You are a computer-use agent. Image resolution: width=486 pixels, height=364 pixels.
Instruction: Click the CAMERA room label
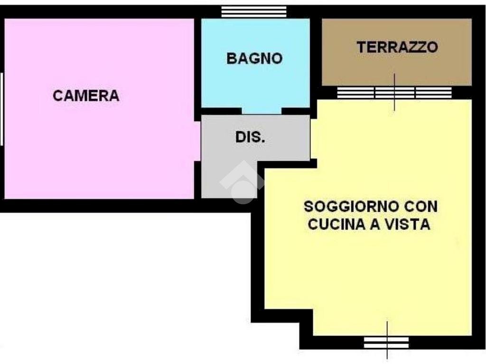[86, 96]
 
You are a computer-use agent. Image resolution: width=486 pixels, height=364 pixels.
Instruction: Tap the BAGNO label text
[254, 58]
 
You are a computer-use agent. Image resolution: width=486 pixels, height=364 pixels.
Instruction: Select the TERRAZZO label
[397, 47]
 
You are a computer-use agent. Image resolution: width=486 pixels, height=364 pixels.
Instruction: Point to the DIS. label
[250, 137]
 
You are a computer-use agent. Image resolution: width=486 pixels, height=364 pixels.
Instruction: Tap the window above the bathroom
[254, 12]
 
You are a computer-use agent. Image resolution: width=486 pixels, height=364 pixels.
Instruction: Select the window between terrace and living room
[394, 93]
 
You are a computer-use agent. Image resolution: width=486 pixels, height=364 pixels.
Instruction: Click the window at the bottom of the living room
[386, 342]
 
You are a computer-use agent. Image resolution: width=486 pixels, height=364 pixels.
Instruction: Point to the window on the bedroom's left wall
[2, 109]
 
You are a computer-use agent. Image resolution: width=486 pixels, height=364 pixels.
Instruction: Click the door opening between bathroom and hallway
[262, 111]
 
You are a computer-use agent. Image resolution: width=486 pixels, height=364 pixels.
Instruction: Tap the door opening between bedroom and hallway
[197, 141]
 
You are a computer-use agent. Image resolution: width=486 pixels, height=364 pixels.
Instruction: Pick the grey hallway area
[228, 156]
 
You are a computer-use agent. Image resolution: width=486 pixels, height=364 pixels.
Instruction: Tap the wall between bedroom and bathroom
[197, 66]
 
